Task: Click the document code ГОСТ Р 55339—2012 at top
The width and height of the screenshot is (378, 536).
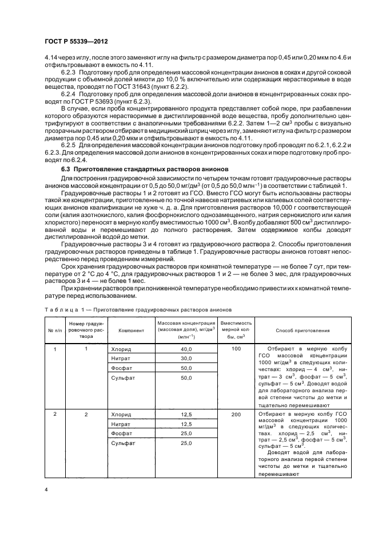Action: point(76,42)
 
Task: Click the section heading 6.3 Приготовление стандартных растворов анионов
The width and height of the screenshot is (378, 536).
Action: point(145,170)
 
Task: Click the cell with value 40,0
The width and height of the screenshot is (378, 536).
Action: point(186,349)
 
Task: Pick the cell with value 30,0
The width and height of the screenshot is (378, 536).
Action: point(186,358)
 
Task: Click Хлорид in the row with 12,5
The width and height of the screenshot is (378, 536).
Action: point(121,414)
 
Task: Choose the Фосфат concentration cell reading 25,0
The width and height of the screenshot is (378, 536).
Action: point(186,433)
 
